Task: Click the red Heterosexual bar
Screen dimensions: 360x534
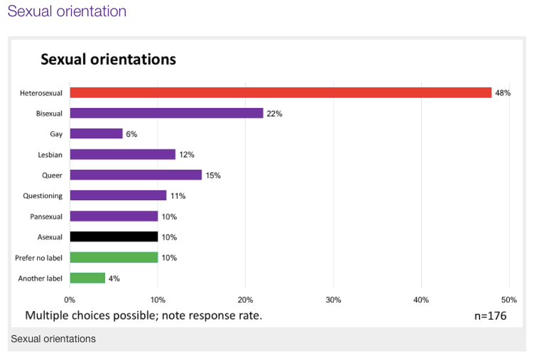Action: [280, 92]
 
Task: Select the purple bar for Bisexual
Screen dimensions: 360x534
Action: [166, 113]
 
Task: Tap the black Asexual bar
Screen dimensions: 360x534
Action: [114, 236]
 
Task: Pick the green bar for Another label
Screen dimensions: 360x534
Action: [87, 278]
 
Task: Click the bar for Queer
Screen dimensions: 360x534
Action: [136, 175]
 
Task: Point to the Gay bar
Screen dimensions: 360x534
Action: [96, 133]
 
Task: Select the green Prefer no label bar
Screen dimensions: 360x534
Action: [114, 257]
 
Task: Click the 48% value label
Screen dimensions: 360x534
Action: [503, 93]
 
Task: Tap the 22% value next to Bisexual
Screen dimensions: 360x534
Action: [274, 114]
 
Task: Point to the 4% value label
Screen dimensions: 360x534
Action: [114, 278]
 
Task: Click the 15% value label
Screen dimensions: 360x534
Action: [213, 175]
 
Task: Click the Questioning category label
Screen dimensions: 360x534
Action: [43, 195]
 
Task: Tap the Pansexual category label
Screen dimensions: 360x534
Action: [44, 216]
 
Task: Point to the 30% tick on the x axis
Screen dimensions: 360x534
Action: [333, 300]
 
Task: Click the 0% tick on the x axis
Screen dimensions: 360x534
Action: [70, 300]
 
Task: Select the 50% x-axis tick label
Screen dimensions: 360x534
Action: [508, 300]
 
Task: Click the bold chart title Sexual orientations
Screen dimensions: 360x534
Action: [108, 59]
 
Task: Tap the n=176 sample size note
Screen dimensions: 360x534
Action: [490, 316]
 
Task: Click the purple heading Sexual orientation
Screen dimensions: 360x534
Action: [67, 11]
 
